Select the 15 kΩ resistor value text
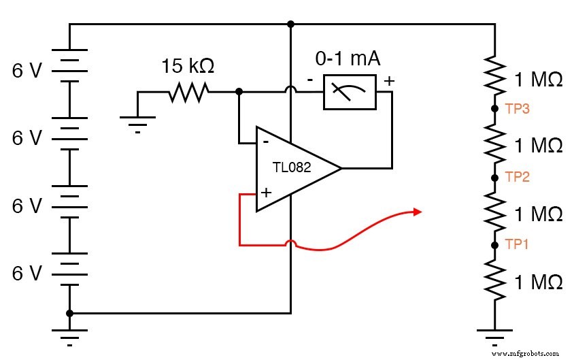pos(187,67)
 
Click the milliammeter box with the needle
pos(349,91)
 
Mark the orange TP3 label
pos(517,108)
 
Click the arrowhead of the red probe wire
pos(417,212)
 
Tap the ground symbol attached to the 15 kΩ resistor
pos(137,122)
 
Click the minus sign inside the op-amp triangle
pos(265,142)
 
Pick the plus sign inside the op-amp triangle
pos(265,193)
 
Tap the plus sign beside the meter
pos(389,80)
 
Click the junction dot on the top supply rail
pos(290,24)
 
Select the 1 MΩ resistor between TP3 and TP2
pos(494,142)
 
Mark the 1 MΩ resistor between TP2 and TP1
pos(494,210)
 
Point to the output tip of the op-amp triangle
pos(341,168)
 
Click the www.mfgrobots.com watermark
pos(524,353)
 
